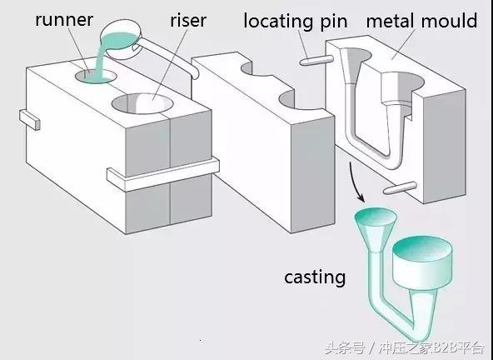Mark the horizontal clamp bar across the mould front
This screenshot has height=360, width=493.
pos(158,171)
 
